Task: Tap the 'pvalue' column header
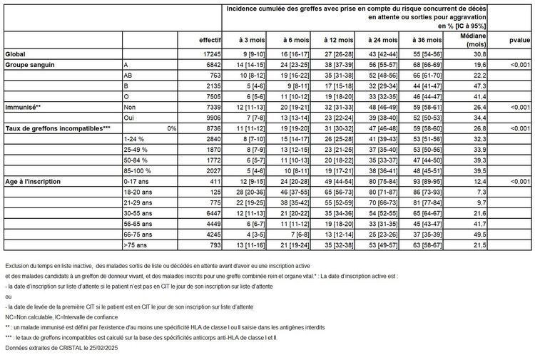519,40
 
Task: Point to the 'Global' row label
15,54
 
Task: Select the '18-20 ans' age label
135,192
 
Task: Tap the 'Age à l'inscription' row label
35,182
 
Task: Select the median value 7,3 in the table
479,192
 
